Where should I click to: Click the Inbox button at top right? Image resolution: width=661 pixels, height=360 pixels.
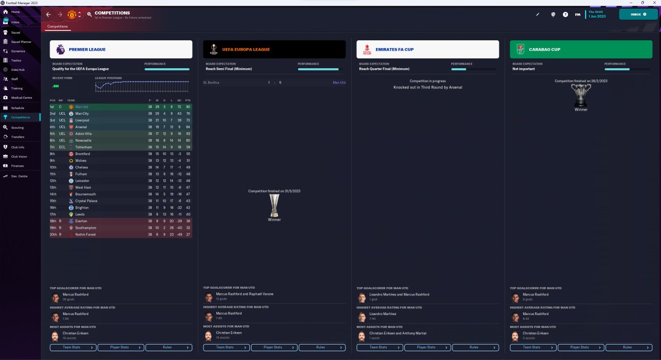point(638,14)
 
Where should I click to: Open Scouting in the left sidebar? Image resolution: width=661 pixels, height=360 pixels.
point(18,127)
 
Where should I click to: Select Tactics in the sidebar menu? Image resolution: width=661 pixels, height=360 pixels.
point(17,60)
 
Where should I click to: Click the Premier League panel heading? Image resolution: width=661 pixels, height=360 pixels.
point(121,50)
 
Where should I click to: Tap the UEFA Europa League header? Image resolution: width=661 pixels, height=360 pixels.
point(274,50)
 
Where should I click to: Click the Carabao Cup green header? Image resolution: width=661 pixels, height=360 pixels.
point(581,50)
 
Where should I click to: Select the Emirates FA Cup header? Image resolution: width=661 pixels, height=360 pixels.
point(428,50)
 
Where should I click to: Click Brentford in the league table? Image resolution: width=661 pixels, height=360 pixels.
point(83,154)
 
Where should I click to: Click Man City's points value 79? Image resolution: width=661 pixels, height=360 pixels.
point(188,114)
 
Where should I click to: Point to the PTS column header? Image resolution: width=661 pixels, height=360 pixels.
point(188,100)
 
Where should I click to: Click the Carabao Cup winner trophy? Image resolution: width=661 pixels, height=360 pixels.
point(581,96)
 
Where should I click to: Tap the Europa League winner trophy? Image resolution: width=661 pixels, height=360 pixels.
point(274,205)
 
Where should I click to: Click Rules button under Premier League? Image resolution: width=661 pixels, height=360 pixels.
point(169,347)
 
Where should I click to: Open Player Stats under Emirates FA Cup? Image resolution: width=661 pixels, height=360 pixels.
point(428,347)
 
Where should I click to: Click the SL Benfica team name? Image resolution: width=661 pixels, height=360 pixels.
point(211,83)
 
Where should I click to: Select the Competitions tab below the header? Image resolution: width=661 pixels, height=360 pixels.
point(57,26)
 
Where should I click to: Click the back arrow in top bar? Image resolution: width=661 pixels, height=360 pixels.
point(49,14)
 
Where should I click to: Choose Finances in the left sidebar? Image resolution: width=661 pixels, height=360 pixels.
point(18,166)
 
